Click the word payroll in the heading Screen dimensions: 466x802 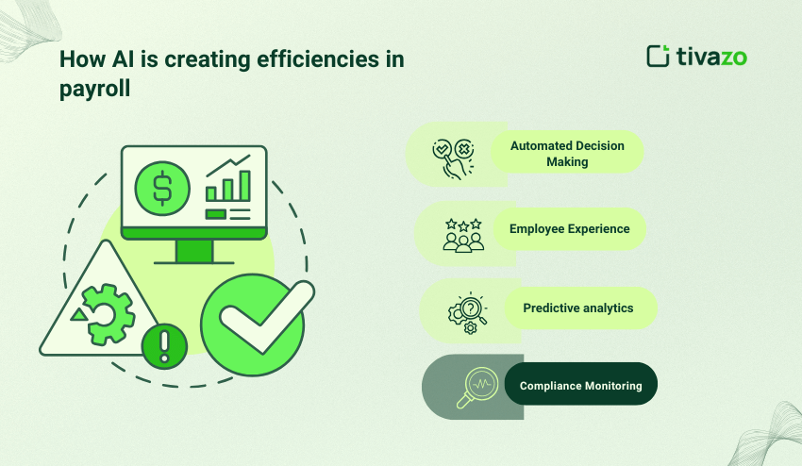click(x=92, y=88)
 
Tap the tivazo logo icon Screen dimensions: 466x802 click(x=658, y=56)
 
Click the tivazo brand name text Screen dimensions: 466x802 click(x=711, y=57)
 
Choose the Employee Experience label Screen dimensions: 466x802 click(x=570, y=228)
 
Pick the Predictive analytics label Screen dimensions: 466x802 click(x=578, y=308)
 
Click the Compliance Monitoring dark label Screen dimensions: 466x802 click(x=580, y=385)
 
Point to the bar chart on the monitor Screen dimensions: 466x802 click(x=229, y=185)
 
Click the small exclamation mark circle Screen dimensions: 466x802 click(x=164, y=347)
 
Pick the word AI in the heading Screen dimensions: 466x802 click(x=112, y=59)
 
